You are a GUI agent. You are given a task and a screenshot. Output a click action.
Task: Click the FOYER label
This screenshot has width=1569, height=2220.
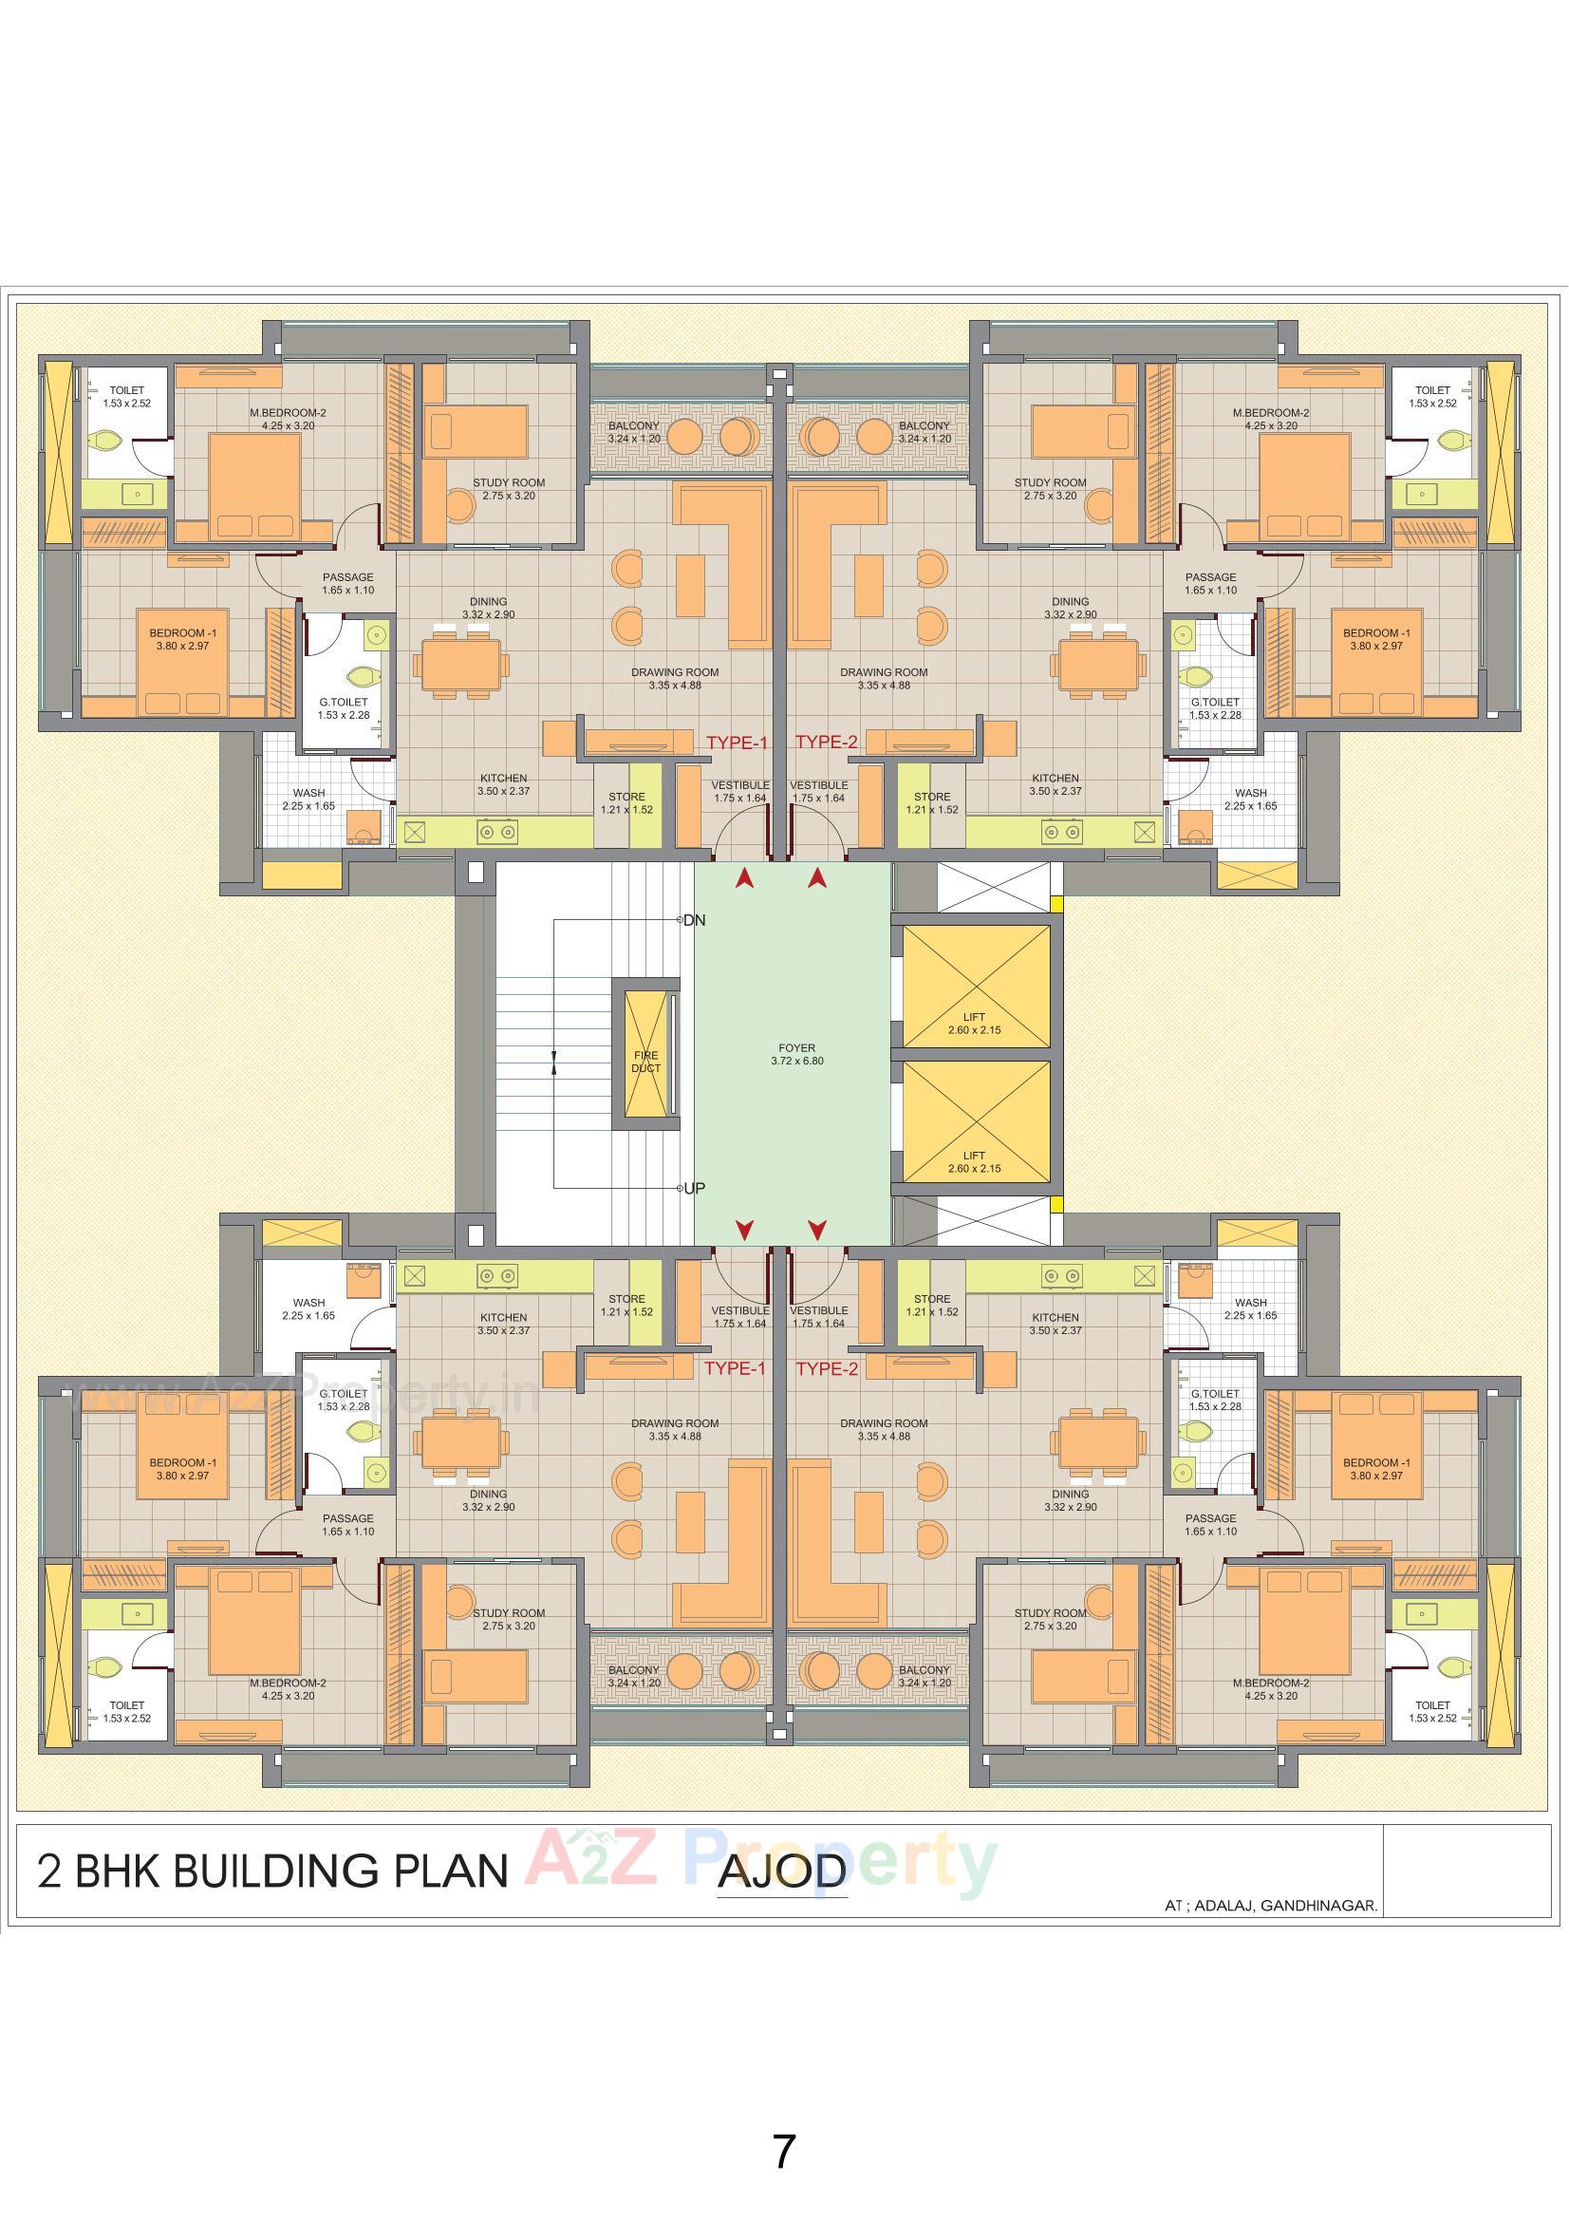796,1047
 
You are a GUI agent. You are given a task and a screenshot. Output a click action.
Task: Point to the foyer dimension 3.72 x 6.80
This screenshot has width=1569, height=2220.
796,1061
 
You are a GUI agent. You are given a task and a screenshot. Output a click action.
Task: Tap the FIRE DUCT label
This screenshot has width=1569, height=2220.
645,1062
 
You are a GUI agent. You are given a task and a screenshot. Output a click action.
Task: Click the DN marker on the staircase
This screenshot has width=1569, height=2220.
693,920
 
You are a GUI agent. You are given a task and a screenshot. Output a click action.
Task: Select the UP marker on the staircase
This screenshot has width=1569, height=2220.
693,1188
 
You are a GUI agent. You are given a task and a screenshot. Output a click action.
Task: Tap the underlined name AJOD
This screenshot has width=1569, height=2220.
781,1872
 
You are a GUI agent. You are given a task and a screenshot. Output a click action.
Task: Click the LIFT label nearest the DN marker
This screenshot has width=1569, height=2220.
974,1023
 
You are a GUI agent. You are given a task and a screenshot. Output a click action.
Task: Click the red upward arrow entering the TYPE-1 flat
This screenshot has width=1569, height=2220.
744,878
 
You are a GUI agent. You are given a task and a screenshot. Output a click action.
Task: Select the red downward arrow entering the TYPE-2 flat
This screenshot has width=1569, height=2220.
818,1230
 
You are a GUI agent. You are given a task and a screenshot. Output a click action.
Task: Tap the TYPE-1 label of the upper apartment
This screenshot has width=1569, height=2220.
737,743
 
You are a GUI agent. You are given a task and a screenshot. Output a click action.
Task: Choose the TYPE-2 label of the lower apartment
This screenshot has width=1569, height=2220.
827,1368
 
